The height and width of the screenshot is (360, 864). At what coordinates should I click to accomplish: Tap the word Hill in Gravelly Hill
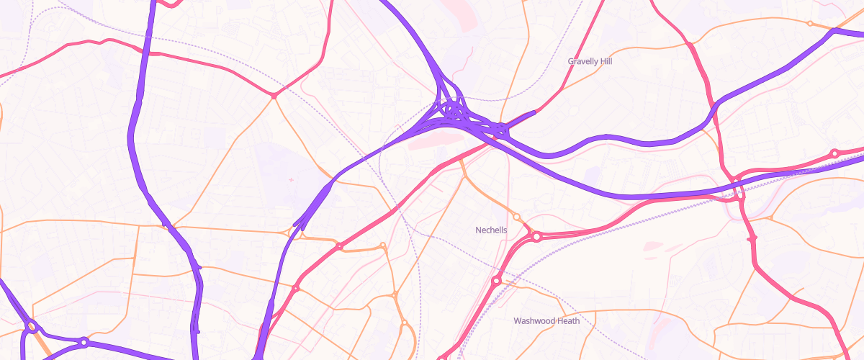pyautogui.click(x=605, y=62)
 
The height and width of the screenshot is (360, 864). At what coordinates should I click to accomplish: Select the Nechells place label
pyautogui.click(x=491, y=230)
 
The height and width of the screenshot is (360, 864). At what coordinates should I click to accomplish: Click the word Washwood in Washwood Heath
pyautogui.click(x=535, y=321)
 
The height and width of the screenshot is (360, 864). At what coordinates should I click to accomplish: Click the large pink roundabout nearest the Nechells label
pyautogui.click(x=536, y=236)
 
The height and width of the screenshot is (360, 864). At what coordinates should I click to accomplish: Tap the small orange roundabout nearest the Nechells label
pyautogui.click(x=516, y=217)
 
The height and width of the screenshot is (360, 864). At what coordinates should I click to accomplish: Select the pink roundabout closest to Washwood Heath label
pyautogui.click(x=496, y=281)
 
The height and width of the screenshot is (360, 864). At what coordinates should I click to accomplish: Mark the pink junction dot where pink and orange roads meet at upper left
pyautogui.click(x=274, y=95)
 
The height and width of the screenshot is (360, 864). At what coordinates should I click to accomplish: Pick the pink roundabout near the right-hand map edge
pyautogui.click(x=834, y=153)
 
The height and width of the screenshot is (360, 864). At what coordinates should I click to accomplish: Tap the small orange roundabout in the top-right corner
pyautogui.click(x=810, y=24)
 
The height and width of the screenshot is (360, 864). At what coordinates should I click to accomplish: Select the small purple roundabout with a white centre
pyautogui.click(x=84, y=342)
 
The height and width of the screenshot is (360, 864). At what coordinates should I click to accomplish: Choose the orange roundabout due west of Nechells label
pyautogui.click(x=383, y=246)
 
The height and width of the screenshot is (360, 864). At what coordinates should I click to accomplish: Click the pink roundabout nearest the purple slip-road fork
pyautogui.click(x=339, y=246)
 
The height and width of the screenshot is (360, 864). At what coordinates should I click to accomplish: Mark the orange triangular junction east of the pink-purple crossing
pyautogui.click(x=770, y=217)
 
